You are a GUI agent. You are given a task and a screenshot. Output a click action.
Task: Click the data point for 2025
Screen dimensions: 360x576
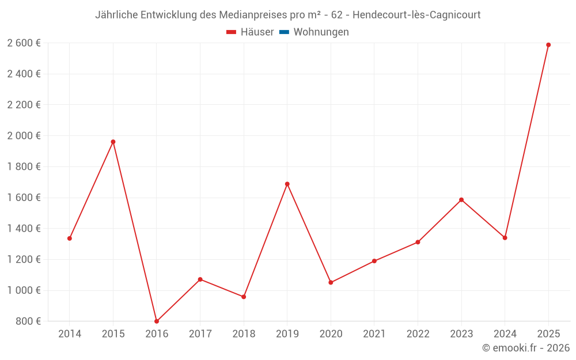click(x=548, y=45)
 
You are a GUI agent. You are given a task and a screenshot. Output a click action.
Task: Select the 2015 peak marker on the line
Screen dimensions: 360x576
click(x=113, y=142)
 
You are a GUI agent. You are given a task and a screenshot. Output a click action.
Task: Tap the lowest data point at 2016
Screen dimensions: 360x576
click(x=157, y=321)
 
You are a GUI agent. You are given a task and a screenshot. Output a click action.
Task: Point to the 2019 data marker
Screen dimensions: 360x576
click(x=287, y=184)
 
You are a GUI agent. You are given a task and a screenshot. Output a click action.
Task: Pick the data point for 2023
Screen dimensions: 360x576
click(x=461, y=200)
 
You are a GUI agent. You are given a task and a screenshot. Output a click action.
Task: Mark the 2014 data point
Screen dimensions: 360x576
click(x=70, y=238)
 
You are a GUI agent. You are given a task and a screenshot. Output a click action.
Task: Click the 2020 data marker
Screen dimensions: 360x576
click(x=331, y=283)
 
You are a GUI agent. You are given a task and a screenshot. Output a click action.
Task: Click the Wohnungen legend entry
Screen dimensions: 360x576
click(x=321, y=32)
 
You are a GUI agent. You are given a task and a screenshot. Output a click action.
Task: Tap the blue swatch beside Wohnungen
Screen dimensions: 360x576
click(x=283, y=32)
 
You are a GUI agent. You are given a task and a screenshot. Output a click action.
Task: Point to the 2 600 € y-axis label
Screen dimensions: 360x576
click(x=24, y=43)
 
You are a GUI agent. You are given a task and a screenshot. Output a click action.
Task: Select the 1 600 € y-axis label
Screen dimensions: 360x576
click(x=24, y=198)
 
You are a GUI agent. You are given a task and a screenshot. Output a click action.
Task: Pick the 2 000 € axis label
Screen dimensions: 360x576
click(x=24, y=136)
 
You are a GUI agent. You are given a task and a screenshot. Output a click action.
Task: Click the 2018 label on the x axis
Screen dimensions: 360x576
click(x=244, y=334)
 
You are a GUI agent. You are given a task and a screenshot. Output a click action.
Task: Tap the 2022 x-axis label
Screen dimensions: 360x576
click(x=418, y=334)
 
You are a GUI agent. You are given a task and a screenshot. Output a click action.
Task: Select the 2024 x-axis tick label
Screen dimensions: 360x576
click(x=505, y=334)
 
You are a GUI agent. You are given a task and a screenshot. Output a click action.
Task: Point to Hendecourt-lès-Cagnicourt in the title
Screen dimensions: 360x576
click(x=416, y=15)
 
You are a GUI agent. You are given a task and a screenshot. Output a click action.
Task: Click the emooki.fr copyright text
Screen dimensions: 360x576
click(x=526, y=348)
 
